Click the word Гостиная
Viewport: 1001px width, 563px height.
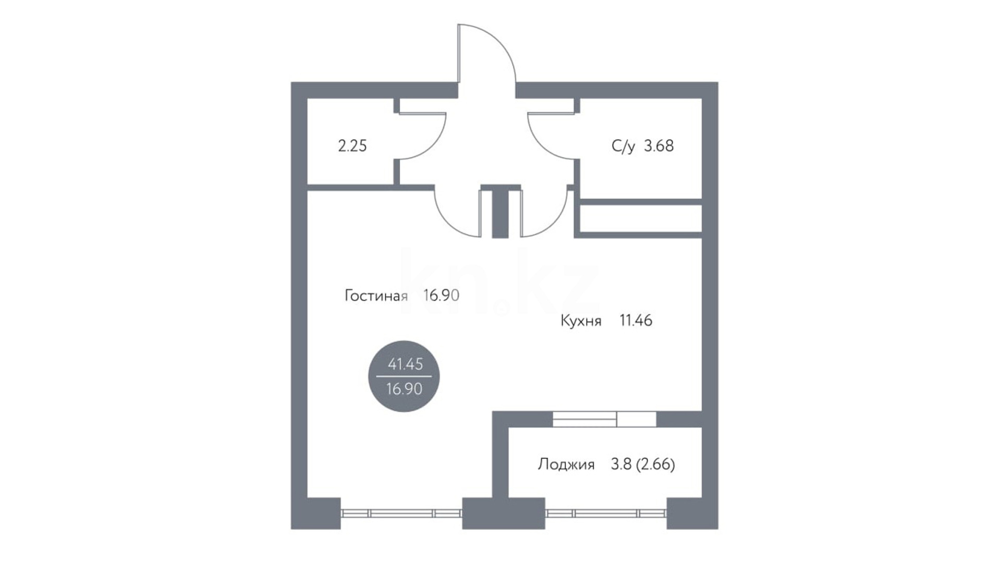point(376,296)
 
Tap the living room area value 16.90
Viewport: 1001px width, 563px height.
point(441,296)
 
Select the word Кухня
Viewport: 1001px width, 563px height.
point(581,320)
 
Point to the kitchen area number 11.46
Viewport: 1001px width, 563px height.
point(636,320)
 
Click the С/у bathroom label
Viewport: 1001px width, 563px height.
point(623,146)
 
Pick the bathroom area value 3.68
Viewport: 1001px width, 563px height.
point(658,145)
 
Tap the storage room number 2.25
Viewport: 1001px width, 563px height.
point(352,145)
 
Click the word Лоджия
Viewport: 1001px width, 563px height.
point(566,464)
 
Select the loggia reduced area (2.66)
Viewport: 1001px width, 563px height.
point(656,464)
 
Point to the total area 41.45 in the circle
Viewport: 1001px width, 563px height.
point(405,364)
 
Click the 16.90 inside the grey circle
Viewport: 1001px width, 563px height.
point(404,389)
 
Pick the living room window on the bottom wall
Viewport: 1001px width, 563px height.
point(401,513)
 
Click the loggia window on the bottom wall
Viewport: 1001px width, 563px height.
point(606,513)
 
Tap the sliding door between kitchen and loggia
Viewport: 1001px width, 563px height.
point(604,419)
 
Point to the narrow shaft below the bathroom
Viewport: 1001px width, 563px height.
point(641,219)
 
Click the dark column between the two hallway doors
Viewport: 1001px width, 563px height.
point(500,212)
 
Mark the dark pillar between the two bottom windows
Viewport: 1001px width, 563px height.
point(504,513)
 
